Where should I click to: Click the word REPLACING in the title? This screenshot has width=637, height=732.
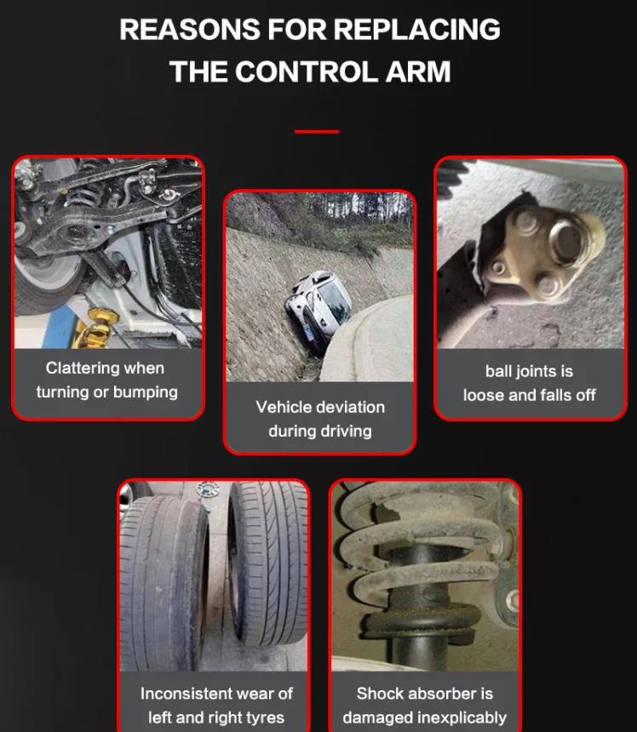click(416, 30)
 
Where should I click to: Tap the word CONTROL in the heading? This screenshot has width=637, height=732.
click(307, 71)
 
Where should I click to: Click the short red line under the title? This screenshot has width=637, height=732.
click(317, 132)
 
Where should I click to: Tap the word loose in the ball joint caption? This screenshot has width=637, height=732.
click(484, 395)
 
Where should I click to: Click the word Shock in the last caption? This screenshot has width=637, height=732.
click(378, 694)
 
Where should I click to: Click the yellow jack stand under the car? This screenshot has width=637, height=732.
click(95, 329)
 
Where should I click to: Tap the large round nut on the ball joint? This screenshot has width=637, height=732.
click(570, 243)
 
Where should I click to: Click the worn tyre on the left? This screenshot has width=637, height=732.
click(164, 584)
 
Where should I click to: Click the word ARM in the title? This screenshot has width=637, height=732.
click(418, 71)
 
